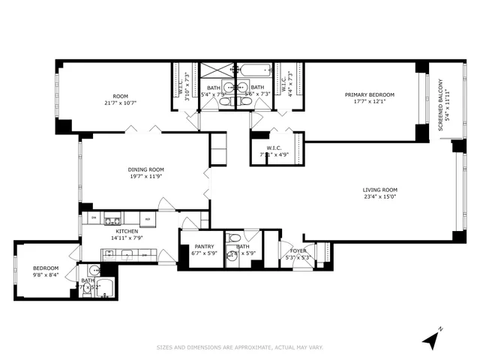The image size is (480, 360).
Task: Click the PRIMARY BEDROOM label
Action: pyautogui.click(x=370, y=94)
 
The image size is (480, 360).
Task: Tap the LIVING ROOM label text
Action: pyautogui.click(x=380, y=190)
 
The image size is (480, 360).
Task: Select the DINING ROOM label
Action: pyautogui.click(x=145, y=169)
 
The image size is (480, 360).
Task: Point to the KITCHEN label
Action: pyautogui.click(x=126, y=231)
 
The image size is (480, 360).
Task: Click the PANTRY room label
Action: pyautogui.click(x=204, y=246)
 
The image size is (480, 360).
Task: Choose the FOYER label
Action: pyautogui.click(x=298, y=251)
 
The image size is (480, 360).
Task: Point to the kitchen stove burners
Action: pyautogui.click(x=112, y=220)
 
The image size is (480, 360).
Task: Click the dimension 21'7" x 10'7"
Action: pyautogui.click(x=121, y=103)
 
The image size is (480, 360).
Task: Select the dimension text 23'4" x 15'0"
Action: pyautogui.click(x=380, y=197)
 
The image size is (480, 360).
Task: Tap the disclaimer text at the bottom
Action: pyautogui.click(x=239, y=347)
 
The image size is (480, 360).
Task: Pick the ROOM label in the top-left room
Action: pyautogui.click(x=121, y=95)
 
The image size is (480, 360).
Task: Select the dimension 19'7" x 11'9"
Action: pyautogui.click(x=145, y=177)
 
